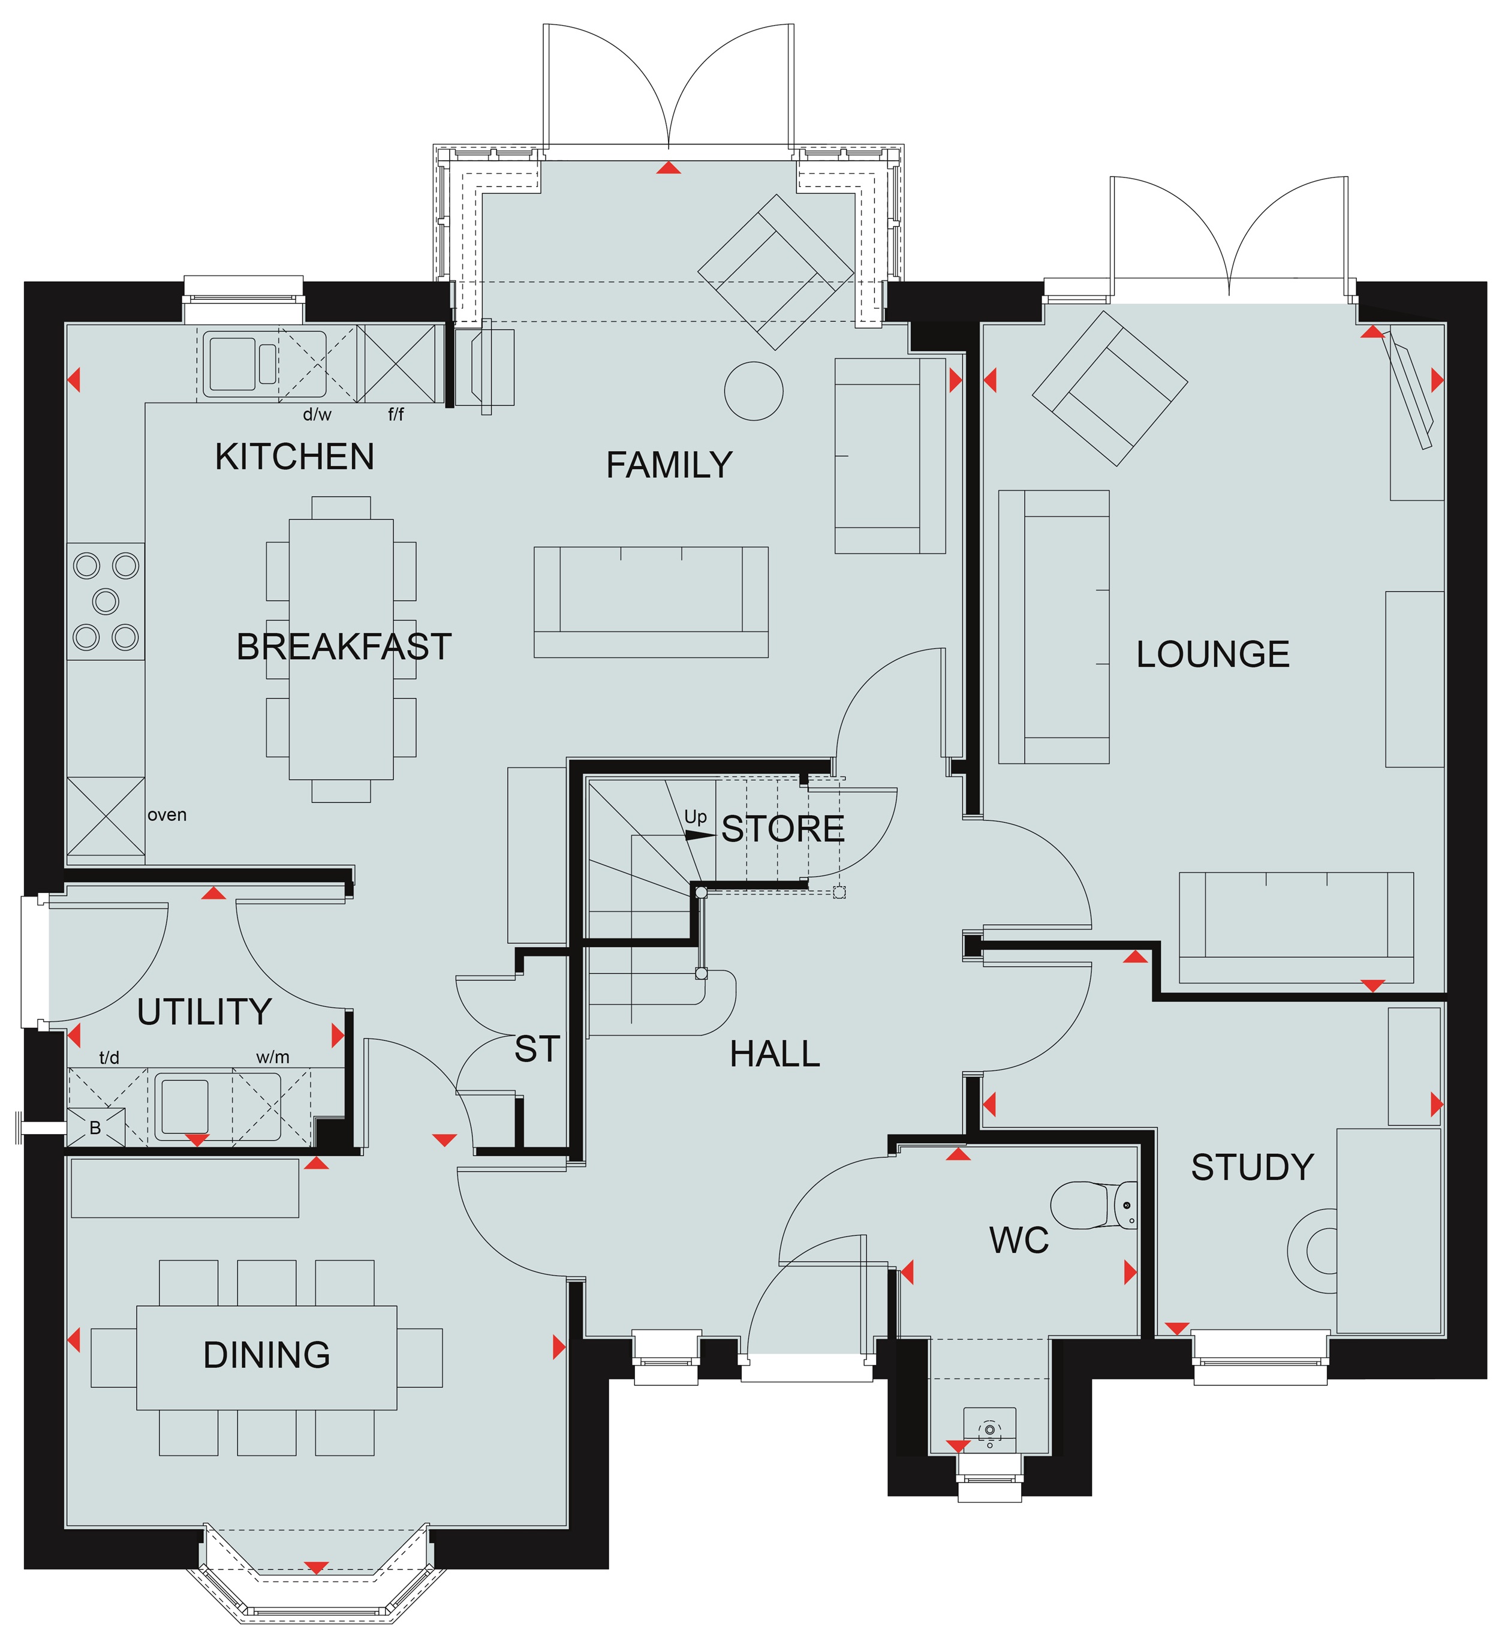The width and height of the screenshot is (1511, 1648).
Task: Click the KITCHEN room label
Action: [x=294, y=456]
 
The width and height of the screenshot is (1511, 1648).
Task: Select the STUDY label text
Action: [x=1252, y=1167]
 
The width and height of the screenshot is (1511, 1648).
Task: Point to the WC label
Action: [x=1019, y=1240]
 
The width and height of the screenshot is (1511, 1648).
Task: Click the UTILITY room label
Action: [x=204, y=1012]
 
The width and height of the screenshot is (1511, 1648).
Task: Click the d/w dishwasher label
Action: [x=317, y=414]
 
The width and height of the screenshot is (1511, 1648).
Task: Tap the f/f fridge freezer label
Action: [x=396, y=414]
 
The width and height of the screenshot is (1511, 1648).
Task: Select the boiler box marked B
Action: [x=96, y=1127]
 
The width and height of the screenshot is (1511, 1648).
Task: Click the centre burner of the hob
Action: [x=106, y=601]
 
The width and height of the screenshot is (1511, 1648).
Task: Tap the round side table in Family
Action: [x=753, y=391]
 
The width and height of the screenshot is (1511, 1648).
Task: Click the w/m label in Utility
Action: [x=273, y=1057]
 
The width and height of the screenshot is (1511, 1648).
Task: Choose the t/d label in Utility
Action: [x=110, y=1057]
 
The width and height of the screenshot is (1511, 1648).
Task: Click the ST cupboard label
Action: [x=537, y=1049]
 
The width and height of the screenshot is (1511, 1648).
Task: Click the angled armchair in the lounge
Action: [x=1109, y=387]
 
